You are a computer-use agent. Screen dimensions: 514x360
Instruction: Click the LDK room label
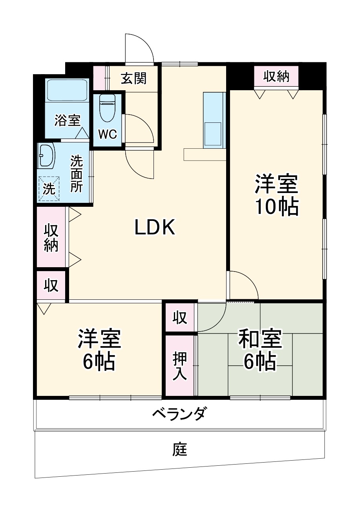tap(155, 227)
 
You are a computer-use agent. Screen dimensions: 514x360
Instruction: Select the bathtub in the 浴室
tap(67, 91)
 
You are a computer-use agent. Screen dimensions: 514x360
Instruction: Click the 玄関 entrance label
tap(133, 78)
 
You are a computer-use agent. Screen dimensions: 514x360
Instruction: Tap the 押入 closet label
tap(180, 366)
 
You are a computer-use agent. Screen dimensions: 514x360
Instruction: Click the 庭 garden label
tap(180, 449)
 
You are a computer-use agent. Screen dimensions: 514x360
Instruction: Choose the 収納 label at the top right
tap(276, 77)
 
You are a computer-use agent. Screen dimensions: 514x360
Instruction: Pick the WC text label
tap(107, 135)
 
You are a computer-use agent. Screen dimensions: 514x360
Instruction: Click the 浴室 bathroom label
tap(68, 120)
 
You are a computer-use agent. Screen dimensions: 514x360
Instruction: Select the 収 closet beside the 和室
tap(180, 318)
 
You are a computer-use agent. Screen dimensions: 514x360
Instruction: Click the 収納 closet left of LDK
tap(51, 237)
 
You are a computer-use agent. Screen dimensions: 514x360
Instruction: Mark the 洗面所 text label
tap(77, 174)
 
